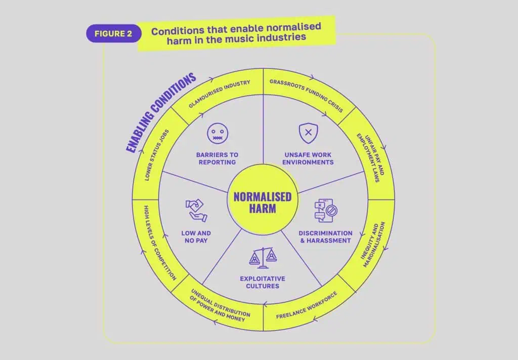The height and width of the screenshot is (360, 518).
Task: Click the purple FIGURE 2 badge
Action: click(114, 33)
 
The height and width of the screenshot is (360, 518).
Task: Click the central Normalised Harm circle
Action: click(263, 199)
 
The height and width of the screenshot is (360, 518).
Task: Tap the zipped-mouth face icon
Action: click(218, 133)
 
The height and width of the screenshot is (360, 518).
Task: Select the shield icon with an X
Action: click(308, 133)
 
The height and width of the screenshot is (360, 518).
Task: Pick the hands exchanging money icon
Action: click(196, 210)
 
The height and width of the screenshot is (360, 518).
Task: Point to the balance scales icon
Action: click(263, 258)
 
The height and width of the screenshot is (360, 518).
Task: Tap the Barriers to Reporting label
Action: click(217, 158)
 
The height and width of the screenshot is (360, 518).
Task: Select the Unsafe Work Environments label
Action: click(308, 158)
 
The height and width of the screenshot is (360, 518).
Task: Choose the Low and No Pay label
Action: click(196, 236)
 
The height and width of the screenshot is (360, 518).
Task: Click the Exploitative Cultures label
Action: click(263, 283)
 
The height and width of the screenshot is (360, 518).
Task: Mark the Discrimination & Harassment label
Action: click(325, 236)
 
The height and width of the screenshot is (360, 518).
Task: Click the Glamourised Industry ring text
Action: click(220, 94)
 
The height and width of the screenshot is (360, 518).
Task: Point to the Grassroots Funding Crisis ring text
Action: click(306, 96)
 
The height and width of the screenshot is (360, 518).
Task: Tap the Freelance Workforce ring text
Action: click(307, 305)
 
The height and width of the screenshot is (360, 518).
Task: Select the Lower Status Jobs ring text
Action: click(157, 155)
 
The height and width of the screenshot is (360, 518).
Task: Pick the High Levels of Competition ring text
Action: click(160, 244)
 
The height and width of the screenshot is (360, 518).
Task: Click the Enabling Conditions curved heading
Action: click(161, 113)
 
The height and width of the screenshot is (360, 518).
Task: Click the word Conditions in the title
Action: click(178, 31)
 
